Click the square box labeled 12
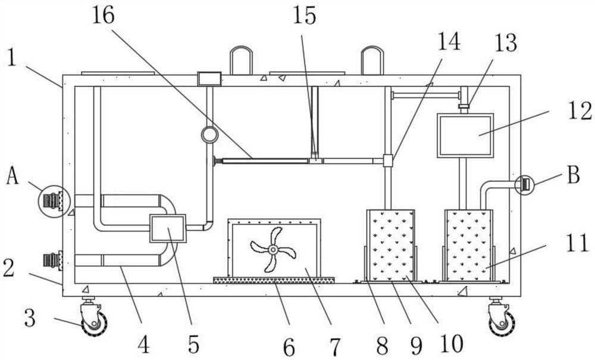point(465,135)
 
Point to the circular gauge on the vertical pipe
point(209,135)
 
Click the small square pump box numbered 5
point(168,228)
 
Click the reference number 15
point(304,16)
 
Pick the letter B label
point(573,176)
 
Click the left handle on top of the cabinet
point(242,60)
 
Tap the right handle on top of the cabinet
point(372,60)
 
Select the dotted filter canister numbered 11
point(468,245)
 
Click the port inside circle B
point(525,184)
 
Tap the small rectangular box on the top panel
point(209,78)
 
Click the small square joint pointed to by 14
point(388,160)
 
